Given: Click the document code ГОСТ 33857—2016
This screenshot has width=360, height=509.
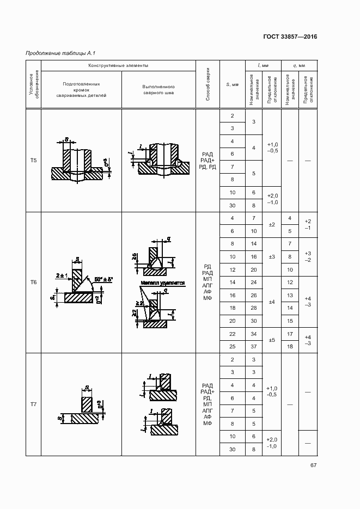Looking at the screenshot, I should (290, 37).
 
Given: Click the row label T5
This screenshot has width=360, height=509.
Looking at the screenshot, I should (34, 161).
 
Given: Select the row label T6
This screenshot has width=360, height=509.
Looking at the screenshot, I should (34, 283).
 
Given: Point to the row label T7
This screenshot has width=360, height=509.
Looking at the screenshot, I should (34, 404).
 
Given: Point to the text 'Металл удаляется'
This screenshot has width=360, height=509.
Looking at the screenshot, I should (163, 284).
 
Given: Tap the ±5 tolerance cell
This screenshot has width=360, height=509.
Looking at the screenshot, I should (272, 340).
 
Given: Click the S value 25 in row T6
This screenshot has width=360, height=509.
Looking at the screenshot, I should (233, 346).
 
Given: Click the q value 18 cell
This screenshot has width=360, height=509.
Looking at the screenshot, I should (290, 346).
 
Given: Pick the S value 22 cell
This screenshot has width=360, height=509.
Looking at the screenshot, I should (233, 334).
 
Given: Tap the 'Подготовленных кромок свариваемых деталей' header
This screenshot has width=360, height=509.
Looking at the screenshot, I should (81, 90).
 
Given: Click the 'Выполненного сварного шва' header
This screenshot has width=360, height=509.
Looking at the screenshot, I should (158, 90).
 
